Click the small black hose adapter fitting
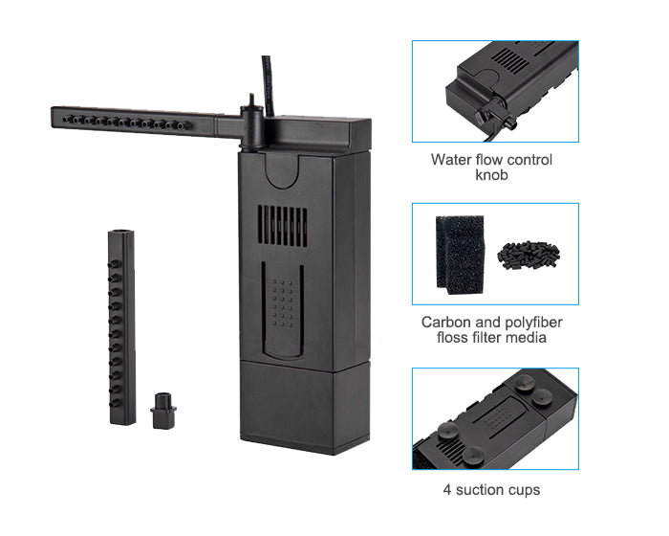pyautogui.click(x=163, y=411)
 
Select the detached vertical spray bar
pyautogui.click(x=122, y=327)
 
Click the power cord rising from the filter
pyautogui.click(x=268, y=85)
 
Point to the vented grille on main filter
pyautogui.click(x=282, y=226)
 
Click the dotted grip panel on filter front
pyautogui.click(x=283, y=303)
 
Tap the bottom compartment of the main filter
pyautogui.click(x=305, y=406)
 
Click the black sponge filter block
pyautogui.click(x=460, y=255)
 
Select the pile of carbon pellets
pyautogui.click(x=529, y=256)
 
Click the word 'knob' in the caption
pyautogui.click(x=491, y=175)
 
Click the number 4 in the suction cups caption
pyautogui.click(x=447, y=490)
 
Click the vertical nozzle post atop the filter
pyautogui.click(x=251, y=122)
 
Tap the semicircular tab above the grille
pyautogui.click(x=281, y=172)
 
